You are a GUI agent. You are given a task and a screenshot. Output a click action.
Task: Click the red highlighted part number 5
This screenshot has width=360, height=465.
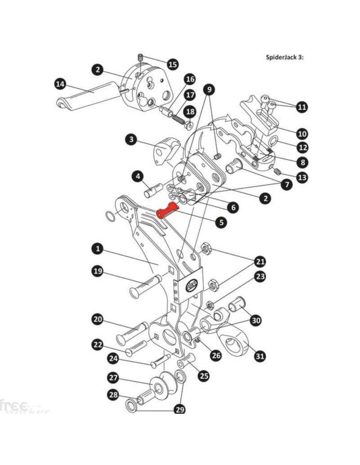tap(167, 210)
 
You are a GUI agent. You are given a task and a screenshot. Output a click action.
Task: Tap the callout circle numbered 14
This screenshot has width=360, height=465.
tap(60, 84)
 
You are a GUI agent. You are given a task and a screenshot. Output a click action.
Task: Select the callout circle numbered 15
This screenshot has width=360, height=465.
tap(173, 64)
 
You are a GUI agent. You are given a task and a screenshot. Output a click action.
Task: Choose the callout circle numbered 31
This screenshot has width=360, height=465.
tap(259, 357)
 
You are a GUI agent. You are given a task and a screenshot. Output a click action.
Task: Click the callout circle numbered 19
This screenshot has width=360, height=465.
tap(98, 271)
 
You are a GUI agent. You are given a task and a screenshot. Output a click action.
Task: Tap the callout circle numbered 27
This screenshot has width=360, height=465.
tap(112, 377)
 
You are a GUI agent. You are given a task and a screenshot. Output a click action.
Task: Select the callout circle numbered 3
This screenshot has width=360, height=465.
tap(131, 140)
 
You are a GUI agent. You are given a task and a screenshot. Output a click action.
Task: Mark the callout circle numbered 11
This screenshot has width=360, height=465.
tap(302, 107)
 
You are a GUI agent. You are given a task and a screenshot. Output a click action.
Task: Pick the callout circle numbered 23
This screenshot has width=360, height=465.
tap(260, 277)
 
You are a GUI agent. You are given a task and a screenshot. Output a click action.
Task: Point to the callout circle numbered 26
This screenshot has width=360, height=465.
tap(216, 355)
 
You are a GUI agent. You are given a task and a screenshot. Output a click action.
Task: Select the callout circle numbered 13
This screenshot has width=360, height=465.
tap(302, 177)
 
